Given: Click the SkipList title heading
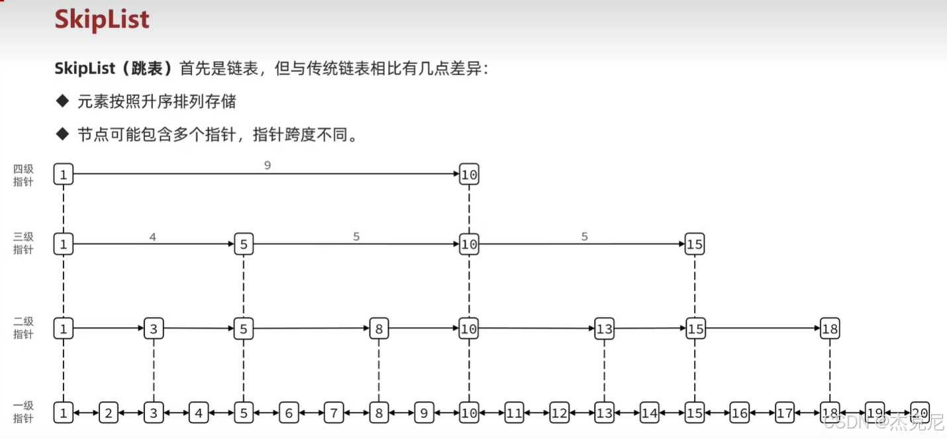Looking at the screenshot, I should click(102, 20).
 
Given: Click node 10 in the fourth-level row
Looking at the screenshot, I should click(469, 175).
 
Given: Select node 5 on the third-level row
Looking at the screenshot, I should click(244, 244).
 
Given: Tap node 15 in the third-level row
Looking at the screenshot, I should click(694, 244).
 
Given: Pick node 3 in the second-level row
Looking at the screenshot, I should click(154, 328).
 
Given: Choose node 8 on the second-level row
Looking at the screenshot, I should click(379, 328).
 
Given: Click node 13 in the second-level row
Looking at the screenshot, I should click(604, 328).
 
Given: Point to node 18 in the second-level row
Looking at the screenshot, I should click(830, 328).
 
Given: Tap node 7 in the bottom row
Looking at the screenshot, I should click(334, 413).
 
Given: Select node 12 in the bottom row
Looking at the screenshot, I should click(560, 413).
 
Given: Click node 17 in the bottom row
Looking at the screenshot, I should click(785, 413).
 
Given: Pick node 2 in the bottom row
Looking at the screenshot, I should click(109, 413).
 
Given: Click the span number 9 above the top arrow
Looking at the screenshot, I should click(268, 166).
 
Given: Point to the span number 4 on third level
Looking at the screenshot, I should click(152, 236).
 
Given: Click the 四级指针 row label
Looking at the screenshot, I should click(23, 175).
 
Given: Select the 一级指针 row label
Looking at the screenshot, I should click(23, 413).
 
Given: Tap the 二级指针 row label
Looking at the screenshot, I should click(23, 328).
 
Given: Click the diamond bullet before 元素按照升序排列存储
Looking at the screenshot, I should click(63, 101).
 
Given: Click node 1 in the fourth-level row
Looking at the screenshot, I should click(64, 175).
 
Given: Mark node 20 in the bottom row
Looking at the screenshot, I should click(920, 412).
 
